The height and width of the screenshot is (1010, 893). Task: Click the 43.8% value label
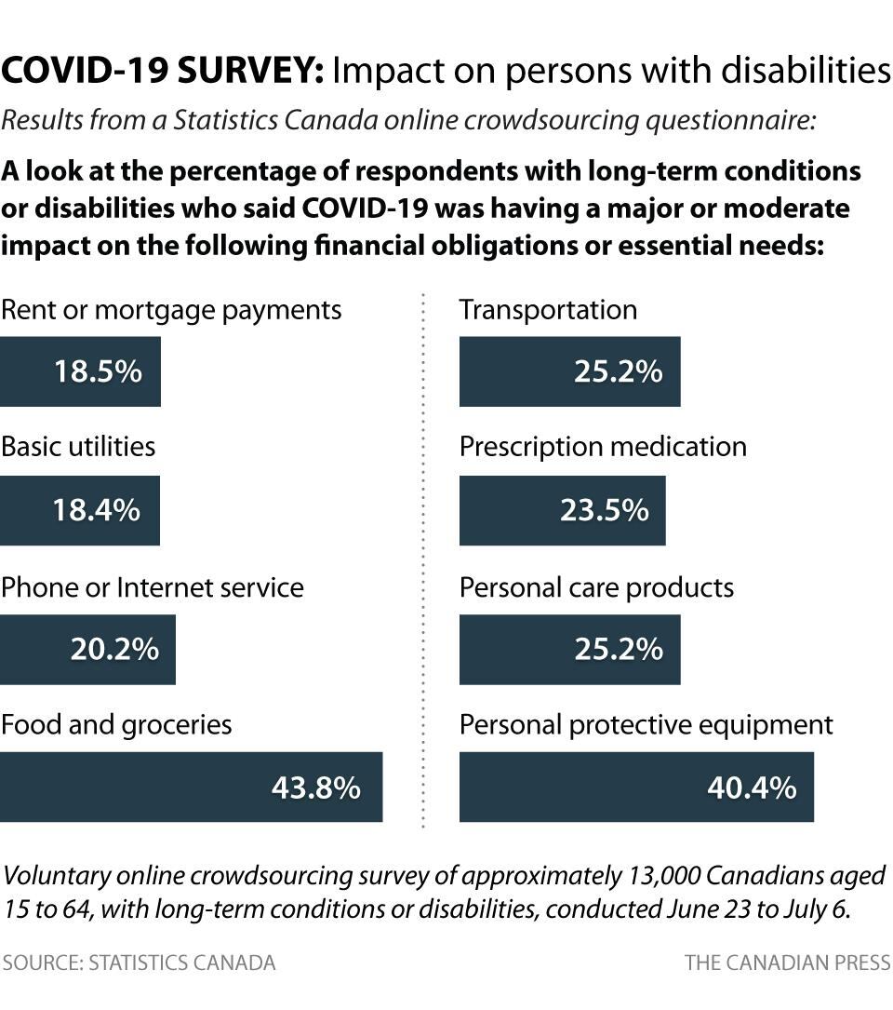tap(315, 788)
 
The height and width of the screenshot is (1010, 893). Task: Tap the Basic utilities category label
tap(78, 447)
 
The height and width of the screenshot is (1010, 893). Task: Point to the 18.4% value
tap(97, 510)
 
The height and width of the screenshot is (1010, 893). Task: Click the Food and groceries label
tap(116, 725)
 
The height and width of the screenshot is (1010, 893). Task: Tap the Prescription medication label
tap(603, 447)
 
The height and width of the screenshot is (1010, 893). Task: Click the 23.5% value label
tap(604, 510)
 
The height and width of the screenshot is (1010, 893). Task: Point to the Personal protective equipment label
tap(646, 725)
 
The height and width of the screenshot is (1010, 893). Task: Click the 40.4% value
tap(752, 788)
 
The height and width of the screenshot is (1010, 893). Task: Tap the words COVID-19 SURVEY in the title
tap(163, 71)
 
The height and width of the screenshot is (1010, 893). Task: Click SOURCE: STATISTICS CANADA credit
tap(139, 963)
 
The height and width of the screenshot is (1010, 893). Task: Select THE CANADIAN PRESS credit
tap(788, 963)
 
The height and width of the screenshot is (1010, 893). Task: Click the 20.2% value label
tap(114, 649)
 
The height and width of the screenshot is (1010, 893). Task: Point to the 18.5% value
tap(98, 371)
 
